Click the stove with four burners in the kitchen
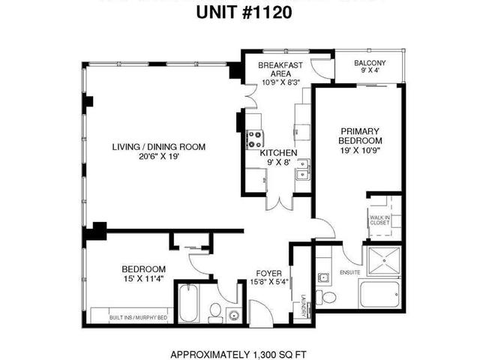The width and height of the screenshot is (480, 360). point(254,139)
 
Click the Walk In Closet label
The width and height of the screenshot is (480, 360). point(379,220)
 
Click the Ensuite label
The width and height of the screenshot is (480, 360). point(349,272)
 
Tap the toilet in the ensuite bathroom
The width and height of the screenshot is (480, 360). point(328,296)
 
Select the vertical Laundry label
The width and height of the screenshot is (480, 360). point(304,303)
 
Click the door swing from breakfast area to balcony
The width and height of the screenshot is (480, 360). point(321,68)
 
